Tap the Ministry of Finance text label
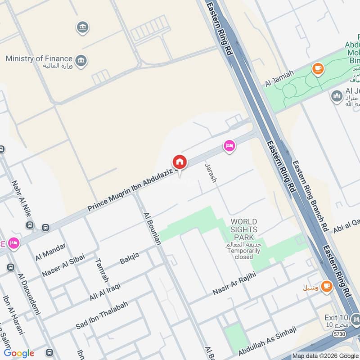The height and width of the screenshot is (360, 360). tap(39, 58)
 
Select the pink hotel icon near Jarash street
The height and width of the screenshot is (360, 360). tap(229, 146)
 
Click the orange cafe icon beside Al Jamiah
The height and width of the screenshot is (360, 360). tap(318, 69)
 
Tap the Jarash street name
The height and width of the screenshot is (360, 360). tap(211, 173)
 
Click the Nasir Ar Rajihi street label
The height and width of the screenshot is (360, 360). tap(234, 284)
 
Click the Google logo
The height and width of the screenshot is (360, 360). tap(19, 353)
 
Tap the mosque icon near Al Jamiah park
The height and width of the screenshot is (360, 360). tap(337, 96)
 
